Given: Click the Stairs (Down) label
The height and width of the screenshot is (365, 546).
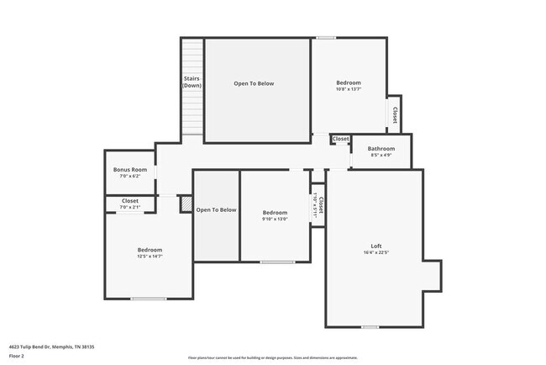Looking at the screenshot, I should click(192, 82).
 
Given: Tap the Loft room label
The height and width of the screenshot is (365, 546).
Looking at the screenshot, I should click(376, 246).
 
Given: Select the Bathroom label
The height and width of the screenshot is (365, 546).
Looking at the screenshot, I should click(381, 149).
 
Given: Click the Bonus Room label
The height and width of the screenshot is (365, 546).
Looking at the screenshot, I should click(130, 170).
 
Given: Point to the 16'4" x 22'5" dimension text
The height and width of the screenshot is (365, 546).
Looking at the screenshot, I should click(376, 252).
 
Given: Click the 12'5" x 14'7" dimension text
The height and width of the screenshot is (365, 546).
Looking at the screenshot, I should click(150, 257).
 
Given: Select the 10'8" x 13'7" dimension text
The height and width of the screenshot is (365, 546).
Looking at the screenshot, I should click(349, 89).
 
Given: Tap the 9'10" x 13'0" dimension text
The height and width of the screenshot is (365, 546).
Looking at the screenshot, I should click(275, 220).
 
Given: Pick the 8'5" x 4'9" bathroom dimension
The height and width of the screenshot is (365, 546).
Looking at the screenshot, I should click(381, 156).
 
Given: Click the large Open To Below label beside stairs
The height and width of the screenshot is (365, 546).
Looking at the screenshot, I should click(254, 83).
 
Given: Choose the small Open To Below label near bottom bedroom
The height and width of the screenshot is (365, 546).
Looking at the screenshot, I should click(217, 209).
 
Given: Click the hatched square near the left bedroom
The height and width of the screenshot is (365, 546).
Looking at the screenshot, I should click(186, 202).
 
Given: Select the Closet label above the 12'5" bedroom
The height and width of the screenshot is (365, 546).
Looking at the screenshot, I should click(130, 201).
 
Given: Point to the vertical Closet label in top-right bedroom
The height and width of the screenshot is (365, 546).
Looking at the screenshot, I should click(394, 114).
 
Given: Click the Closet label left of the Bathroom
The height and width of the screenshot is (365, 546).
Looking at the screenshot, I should click(340, 139).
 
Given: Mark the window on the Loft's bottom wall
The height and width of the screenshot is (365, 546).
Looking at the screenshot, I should click(369, 326).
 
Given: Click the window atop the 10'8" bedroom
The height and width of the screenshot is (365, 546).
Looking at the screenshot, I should click(326, 37).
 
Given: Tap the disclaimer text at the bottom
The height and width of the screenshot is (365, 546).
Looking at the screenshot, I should click(272, 357).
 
